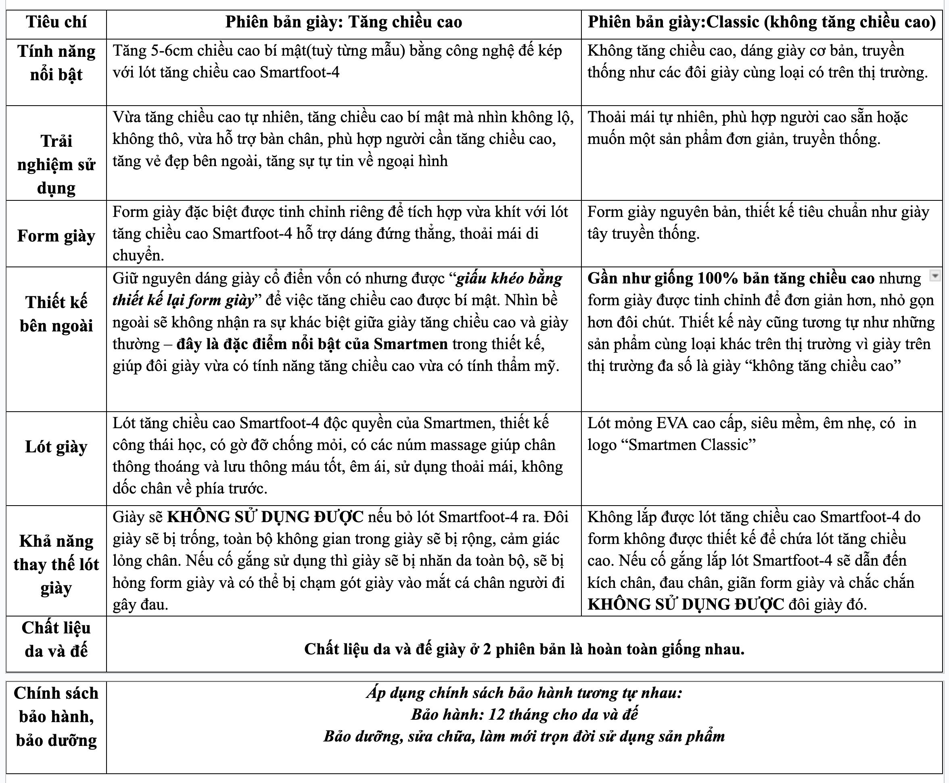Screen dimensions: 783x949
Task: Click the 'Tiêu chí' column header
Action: tap(56, 22)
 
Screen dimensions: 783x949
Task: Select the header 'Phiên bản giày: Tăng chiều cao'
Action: tap(343, 22)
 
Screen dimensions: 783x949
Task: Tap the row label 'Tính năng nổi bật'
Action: tap(56, 62)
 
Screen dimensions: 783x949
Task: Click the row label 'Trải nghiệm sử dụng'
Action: tap(56, 164)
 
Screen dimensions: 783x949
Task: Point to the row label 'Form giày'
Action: tap(56, 235)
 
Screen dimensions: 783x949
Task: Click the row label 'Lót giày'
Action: tap(56, 446)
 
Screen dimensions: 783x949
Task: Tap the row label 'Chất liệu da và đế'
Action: tap(56, 639)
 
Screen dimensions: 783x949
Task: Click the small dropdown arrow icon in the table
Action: tap(935, 276)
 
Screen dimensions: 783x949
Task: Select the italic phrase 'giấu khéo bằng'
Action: tap(510, 278)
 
